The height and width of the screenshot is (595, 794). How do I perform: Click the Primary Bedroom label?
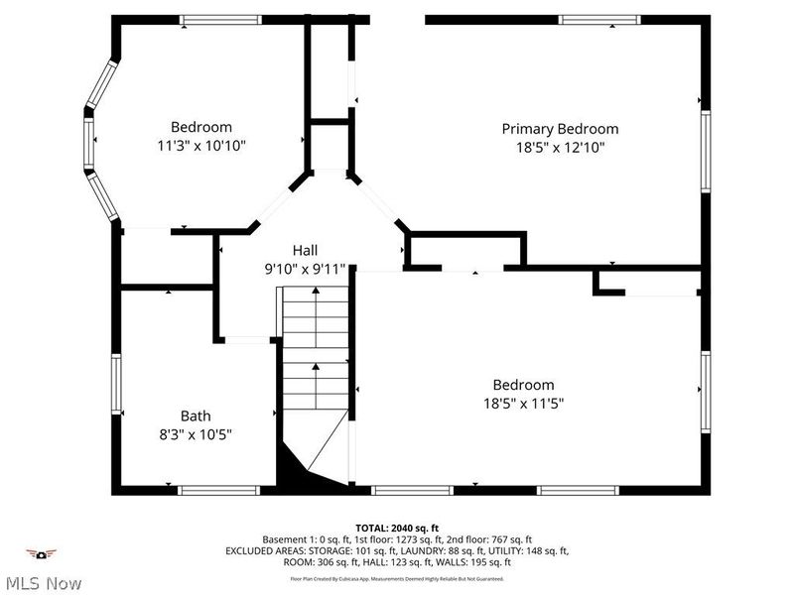coord(560,129)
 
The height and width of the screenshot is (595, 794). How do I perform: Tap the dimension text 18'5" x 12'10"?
coord(560,147)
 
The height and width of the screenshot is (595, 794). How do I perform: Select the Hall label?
coord(305,250)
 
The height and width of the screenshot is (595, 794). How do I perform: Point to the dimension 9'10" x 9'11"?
coord(305,268)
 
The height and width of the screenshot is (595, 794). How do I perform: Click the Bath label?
coord(195,416)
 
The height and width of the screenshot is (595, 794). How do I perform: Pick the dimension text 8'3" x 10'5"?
coord(195,433)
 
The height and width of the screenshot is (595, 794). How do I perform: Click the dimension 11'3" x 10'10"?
coord(201,145)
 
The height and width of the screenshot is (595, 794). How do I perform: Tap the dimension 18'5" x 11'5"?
coord(523,403)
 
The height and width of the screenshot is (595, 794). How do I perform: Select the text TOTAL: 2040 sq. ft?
coord(396,527)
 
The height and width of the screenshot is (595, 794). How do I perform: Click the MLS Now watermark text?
coord(42,583)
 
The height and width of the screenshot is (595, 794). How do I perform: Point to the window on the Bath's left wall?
coord(116,385)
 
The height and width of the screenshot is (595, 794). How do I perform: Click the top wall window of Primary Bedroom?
coord(599,19)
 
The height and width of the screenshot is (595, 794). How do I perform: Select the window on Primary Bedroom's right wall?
coord(706,151)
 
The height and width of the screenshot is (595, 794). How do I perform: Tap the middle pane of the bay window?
coord(88,145)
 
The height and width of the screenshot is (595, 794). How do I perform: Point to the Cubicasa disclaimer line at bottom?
coord(396,578)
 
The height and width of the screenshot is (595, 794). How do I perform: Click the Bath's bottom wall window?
coord(219,490)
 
